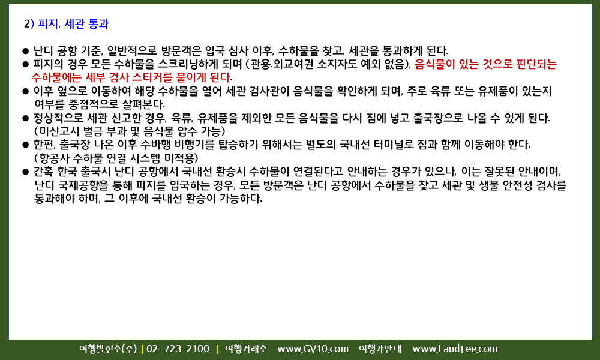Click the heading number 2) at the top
coord(29,24)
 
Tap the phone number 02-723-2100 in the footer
coord(178,349)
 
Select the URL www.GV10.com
coord(313,349)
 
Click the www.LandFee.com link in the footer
coord(455,349)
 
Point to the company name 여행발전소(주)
coord(108,349)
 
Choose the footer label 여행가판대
coord(380,349)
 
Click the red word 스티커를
coord(151,77)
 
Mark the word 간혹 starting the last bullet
coord(44,172)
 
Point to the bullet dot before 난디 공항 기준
coord(26,51)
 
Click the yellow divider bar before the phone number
coord(142,349)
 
